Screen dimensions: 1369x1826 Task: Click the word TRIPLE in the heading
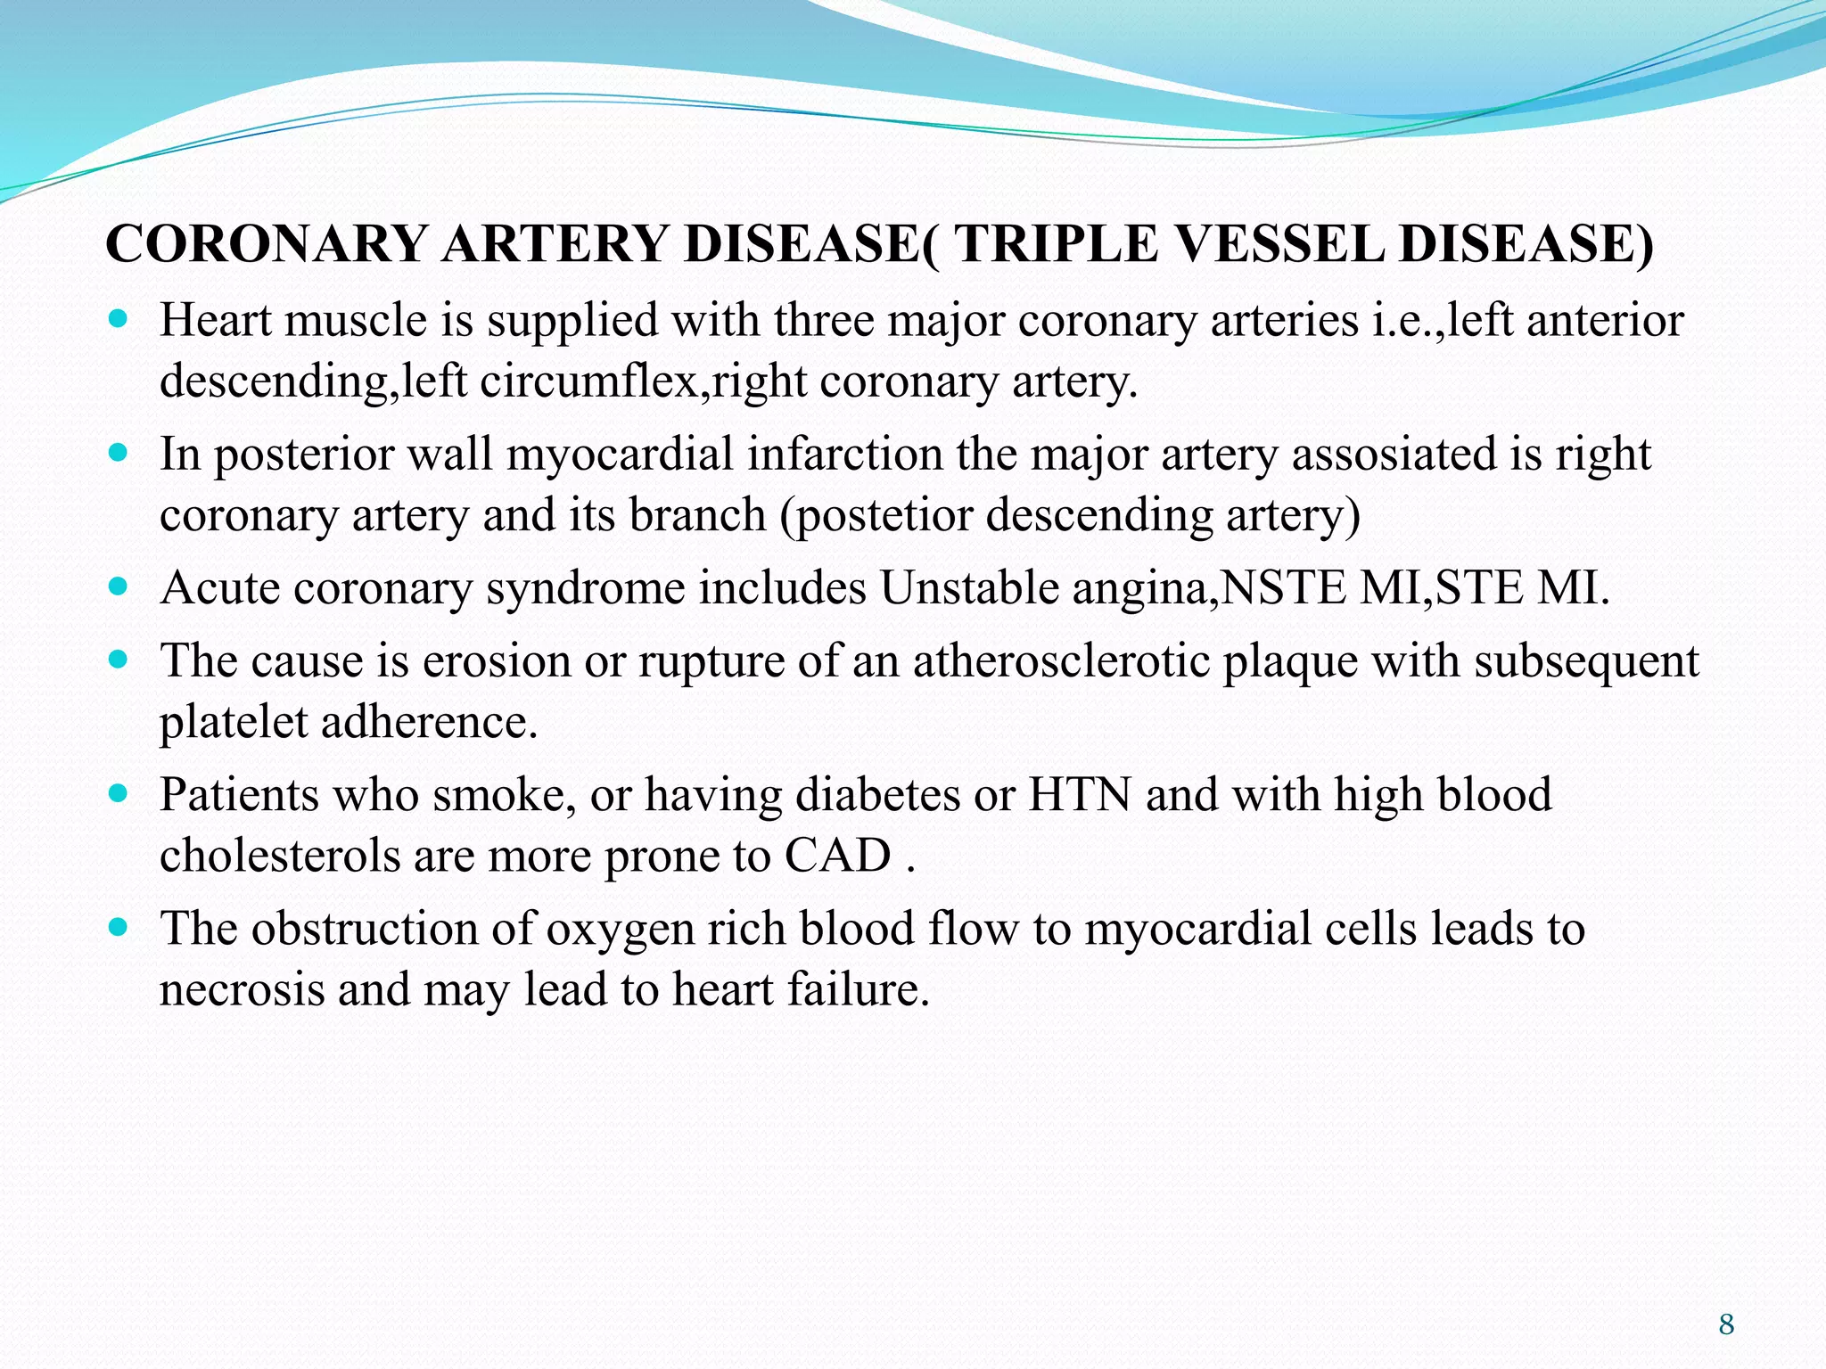pyautogui.click(x=1057, y=243)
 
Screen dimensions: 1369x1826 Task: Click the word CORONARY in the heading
pyautogui.click(x=266, y=243)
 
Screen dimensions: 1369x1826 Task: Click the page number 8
pyautogui.click(x=1726, y=1324)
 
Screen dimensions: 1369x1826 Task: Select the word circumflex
pyautogui.click(x=588, y=381)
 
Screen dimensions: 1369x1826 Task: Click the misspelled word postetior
pyautogui.click(x=882, y=515)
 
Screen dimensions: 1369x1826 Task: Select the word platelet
pyautogui.click(x=233, y=723)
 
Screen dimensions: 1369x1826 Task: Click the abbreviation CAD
pyautogui.click(x=837, y=856)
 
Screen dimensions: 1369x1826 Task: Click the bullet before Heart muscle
pyautogui.click(x=118, y=318)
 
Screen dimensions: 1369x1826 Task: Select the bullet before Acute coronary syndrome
pyautogui.click(x=118, y=586)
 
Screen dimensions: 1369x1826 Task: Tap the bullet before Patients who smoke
pyautogui.click(x=118, y=792)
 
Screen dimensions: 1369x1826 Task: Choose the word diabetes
pyautogui.click(x=877, y=794)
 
